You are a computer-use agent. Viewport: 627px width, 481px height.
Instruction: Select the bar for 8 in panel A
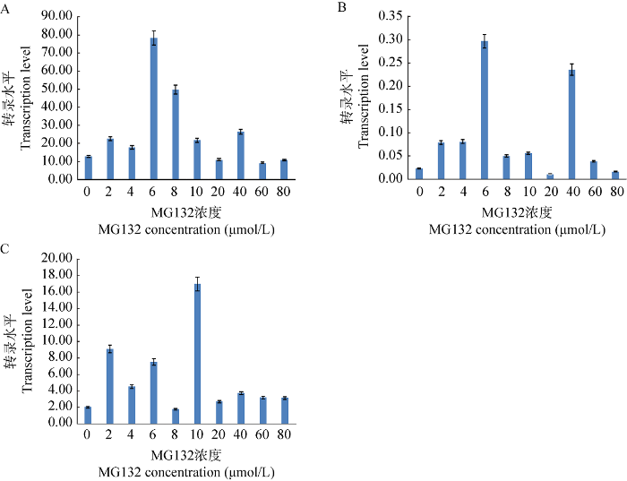click(175, 134)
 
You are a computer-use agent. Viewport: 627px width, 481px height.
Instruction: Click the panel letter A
click(6, 6)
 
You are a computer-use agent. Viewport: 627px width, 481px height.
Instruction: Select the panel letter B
click(341, 6)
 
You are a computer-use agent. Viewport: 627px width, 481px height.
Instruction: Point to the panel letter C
click(6, 246)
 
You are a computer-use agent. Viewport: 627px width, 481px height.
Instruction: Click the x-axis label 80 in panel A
click(283, 191)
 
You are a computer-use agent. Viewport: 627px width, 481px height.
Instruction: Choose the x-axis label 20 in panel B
click(549, 191)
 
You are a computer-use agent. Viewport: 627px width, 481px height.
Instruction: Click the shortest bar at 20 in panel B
click(549, 176)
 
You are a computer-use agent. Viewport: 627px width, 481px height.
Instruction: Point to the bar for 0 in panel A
click(88, 167)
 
